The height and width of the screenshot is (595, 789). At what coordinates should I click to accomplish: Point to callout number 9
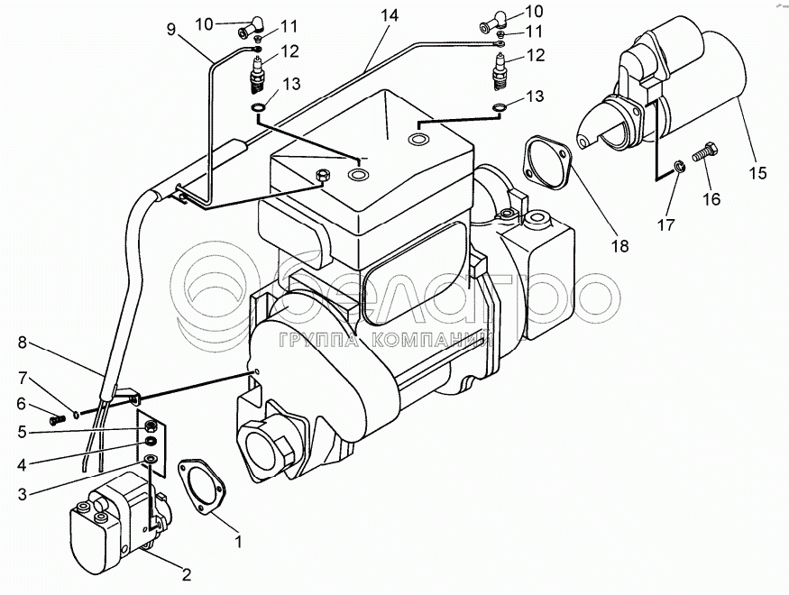[x=172, y=29]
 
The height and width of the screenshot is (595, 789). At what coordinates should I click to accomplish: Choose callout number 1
[x=238, y=542]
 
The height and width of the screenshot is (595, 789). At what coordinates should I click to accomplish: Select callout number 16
[x=711, y=198]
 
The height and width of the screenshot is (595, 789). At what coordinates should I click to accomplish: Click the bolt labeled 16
[x=706, y=154]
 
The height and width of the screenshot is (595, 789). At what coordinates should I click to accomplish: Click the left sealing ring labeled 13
[x=257, y=110]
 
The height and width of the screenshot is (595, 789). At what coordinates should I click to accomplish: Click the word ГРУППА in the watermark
[x=313, y=341]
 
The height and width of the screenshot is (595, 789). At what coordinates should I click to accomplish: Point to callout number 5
[x=22, y=433]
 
